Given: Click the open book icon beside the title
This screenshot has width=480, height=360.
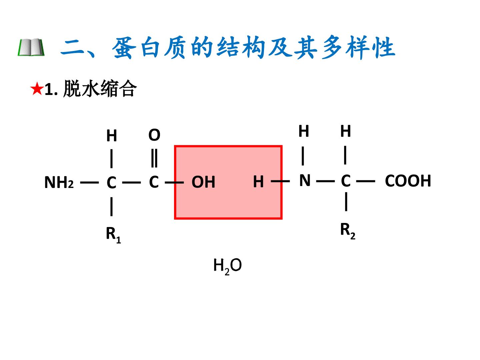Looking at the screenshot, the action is click(x=31, y=47).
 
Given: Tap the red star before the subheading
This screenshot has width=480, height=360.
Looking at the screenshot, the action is click(x=37, y=89).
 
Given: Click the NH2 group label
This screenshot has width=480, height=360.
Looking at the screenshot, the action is click(x=59, y=182).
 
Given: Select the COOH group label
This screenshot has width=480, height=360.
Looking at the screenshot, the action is click(x=408, y=181).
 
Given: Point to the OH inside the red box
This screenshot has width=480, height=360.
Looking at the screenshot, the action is click(x=203, y=182).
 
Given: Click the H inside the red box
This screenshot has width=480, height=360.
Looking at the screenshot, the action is click(x=258, y=182).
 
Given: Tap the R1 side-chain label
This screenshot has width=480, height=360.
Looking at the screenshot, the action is click(x=113, y=235).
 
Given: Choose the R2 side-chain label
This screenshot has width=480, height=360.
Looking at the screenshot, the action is click(x=348, y=231).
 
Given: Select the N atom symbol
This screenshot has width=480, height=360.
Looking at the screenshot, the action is click(x=305, y=180).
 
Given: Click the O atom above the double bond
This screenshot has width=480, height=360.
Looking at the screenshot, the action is click(x=154, y=135).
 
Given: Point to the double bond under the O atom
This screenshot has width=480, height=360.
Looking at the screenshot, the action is click(x=154, y=158).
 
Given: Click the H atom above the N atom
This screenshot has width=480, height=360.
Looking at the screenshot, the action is click(x=304, y=131).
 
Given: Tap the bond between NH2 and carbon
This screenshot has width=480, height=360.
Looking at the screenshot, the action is click(x=89, y=182).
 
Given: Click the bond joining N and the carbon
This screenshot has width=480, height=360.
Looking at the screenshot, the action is click(x=325, y=181).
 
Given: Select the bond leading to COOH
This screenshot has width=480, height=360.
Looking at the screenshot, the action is click(x=366, y=181).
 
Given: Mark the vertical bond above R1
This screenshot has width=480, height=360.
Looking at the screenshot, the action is click(x=112, y=207).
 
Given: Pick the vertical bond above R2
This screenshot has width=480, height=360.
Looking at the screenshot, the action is click(x=346, y=202).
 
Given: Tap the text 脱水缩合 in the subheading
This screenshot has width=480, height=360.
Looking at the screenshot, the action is click(x=100, y=88).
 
